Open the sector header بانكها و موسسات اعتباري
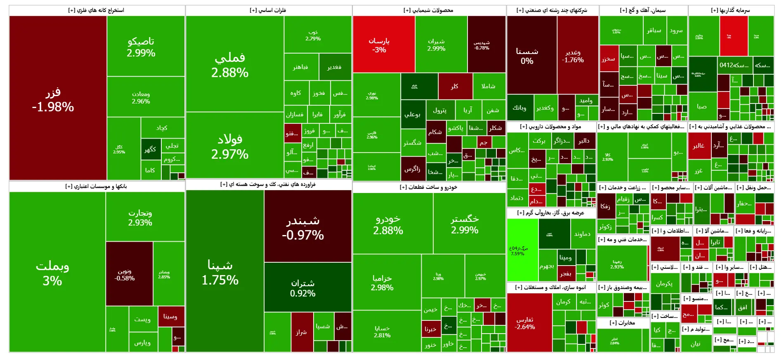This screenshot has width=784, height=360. pyautogui.click(x=97, y=186)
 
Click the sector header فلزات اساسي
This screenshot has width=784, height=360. pyautogui.click(x=268, y=10)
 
